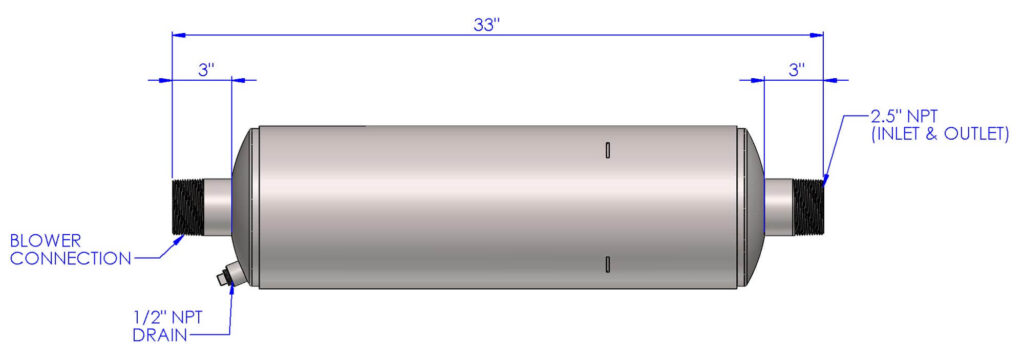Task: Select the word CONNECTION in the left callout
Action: pos(70,259)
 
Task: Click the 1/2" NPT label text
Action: pos(167,317)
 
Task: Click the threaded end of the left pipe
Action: pos(187,206)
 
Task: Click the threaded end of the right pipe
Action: pos(808,206)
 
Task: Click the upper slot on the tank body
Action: pos(607,150)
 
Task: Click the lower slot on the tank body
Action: pos(607,263)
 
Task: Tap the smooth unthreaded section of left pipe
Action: pos(217,206)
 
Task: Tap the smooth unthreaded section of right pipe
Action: pos(779,206)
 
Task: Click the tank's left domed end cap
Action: pos(245,206)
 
